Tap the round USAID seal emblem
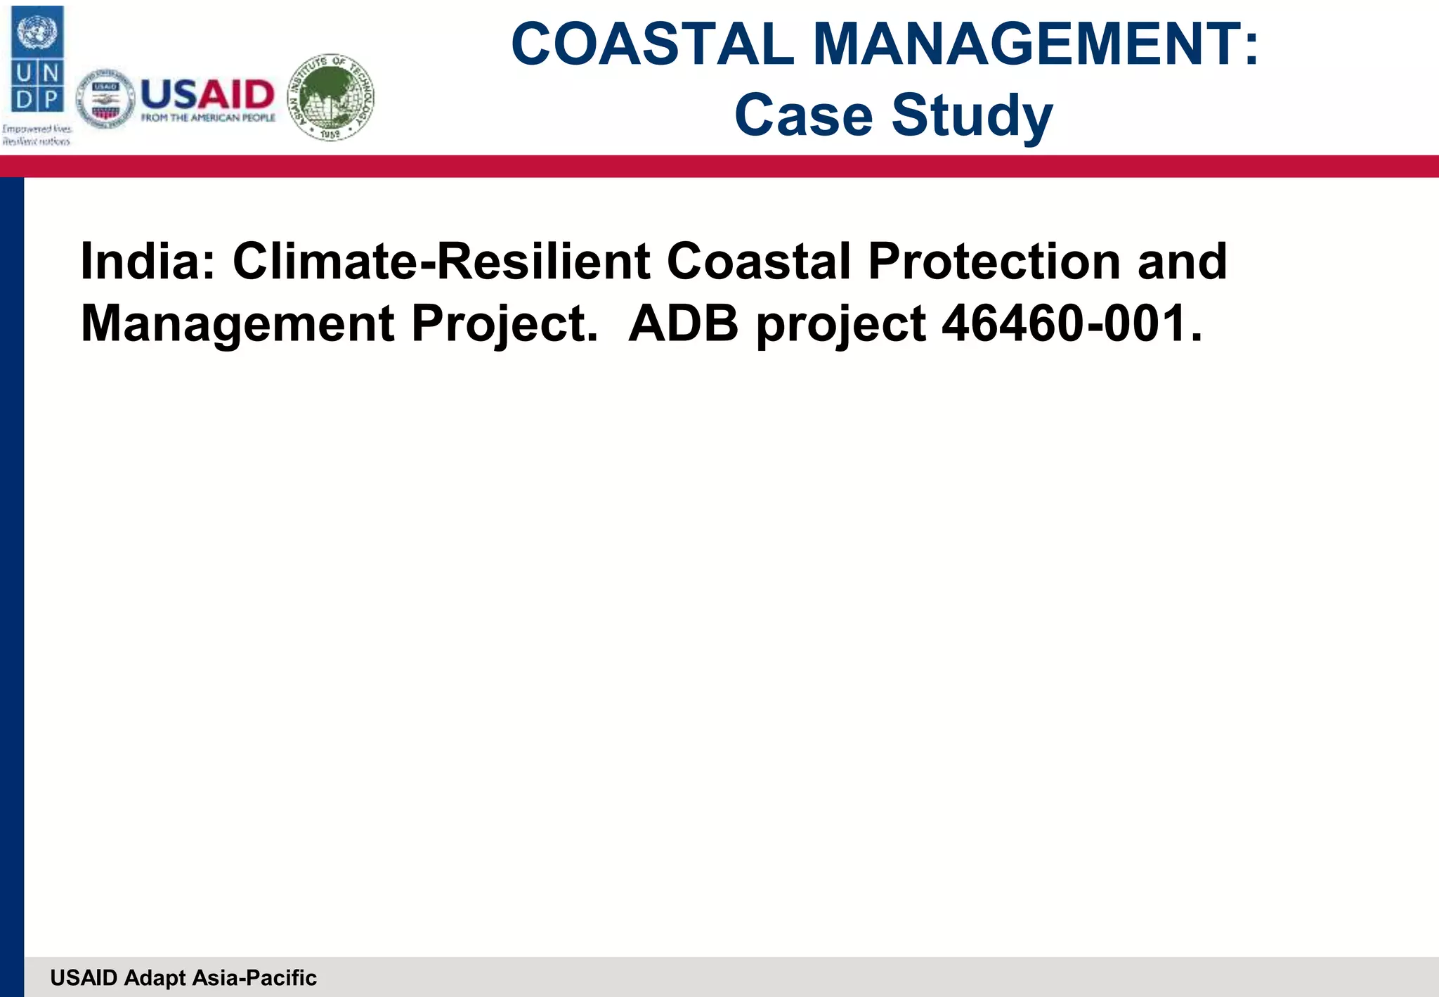point(105,99)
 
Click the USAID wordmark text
point(207,94)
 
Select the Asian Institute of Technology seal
point(332,97)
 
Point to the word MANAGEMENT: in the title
point(1036,44)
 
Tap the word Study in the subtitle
point(972,116)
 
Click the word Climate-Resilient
point(441,262)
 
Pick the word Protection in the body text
point(994,262)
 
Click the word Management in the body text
point(237,324)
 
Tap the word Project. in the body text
point(504,324)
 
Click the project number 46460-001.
point(1072,324)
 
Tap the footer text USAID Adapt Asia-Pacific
point(183,977)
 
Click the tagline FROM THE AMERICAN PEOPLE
point(208,118)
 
